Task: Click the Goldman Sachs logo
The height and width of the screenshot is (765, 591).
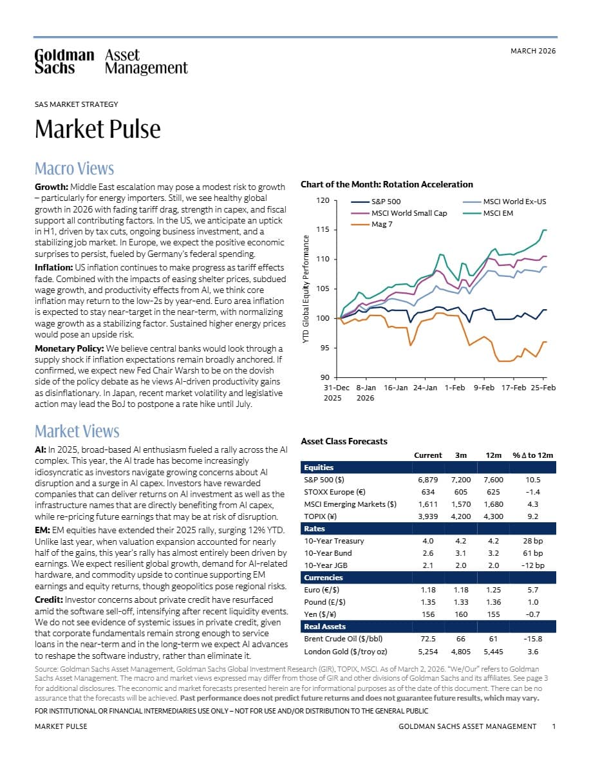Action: click(111, 61)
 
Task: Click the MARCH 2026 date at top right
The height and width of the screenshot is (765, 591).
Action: click(533, 51)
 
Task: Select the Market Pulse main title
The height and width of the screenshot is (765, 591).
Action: click(97, 129)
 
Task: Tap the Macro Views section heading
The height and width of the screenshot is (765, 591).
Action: click(74, 168)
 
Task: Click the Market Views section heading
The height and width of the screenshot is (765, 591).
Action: click(77, 431)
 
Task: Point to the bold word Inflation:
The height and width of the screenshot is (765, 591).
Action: click(53, 267)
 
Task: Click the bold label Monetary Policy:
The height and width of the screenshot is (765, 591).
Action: click(70, 348)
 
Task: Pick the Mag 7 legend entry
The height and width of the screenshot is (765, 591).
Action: click(371, 225)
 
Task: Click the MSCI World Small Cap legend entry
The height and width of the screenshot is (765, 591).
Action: click(399, 213)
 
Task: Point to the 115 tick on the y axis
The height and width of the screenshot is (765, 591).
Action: click(323, 229)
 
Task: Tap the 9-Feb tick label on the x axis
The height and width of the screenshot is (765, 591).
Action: click(483, 388)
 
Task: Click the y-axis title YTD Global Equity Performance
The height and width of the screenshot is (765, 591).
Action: click(306, 289)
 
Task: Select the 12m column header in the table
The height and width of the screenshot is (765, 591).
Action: click(494, 455)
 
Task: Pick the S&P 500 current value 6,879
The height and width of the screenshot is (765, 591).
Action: click(427, 480)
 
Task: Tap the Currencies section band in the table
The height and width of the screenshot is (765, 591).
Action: click(428, 578)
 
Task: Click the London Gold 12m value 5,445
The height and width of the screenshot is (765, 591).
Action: click(494, 651)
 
